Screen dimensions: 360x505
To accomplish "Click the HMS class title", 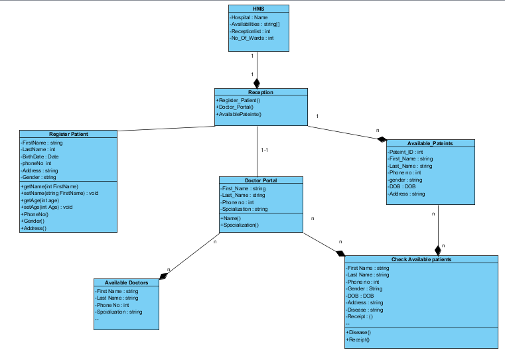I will (258, 9).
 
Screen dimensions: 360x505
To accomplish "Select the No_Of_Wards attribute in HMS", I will (252, 38).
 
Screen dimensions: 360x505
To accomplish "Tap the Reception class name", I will (261, 92).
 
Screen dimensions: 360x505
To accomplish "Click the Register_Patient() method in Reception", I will (238, 100).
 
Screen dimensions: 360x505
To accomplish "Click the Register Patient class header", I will (68, 134).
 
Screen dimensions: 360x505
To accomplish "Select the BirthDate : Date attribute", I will (40, 156).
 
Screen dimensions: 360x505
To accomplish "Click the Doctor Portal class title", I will (261, 180).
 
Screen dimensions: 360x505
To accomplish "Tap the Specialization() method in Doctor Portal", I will (240, 225).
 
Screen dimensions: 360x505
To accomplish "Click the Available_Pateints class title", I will (430, 143).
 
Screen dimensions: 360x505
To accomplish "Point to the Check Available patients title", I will (421, 259).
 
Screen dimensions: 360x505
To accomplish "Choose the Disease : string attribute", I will (364, 310).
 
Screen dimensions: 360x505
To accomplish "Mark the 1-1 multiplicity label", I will (265, 150).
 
